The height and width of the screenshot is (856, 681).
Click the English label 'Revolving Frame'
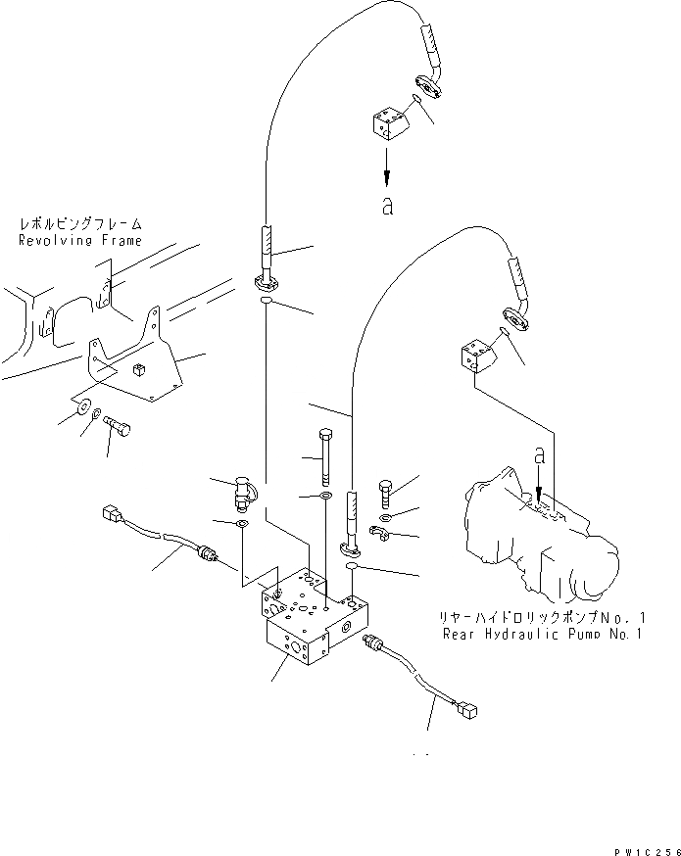click(79, 240)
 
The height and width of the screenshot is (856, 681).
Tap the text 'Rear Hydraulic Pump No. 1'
click(542, 634)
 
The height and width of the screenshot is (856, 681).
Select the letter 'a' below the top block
click(388, 208)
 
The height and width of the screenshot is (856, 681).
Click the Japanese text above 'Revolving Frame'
click(79, 224)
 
